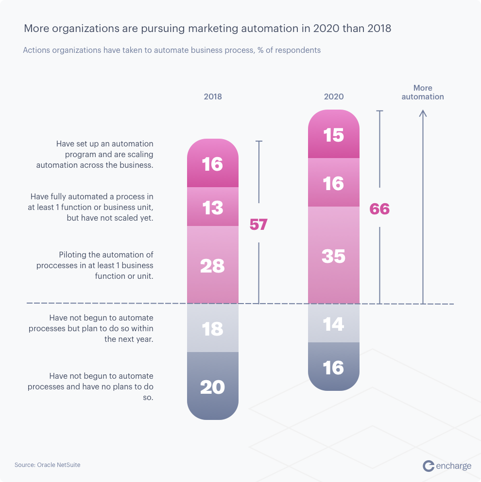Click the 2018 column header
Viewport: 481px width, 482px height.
tap(213, 96)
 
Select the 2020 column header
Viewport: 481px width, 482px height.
tap(334, 96)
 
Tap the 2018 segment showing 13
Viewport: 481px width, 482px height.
tap(213, 207)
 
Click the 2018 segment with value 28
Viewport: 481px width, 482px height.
tap(213, 265)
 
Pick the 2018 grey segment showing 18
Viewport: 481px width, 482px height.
tap(213, 328)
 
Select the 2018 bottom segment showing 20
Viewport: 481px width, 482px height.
tap(213, 386)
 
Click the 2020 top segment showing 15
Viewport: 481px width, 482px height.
tap(334, 135)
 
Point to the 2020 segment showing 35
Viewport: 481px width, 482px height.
tap(334, 256)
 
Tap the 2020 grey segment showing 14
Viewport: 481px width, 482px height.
tap(334, 323)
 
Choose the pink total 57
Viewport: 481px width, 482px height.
tap(258, 224)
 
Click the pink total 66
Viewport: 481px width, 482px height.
tap(379, 209)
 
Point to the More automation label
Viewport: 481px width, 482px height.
tap(423, 92)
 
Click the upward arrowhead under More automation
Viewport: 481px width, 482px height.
tap(423, 113)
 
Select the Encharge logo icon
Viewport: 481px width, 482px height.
tap(429, 466)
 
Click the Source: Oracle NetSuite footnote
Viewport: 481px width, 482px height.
tap(48, 465)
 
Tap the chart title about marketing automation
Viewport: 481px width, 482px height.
tap(207, 29)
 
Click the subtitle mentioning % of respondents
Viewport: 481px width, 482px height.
tap(172, 50)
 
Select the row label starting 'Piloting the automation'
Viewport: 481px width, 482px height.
tap(95, 265)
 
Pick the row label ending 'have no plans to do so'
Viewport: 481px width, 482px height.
tap(90, 386)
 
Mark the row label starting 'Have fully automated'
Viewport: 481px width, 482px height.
tap(92, 207)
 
